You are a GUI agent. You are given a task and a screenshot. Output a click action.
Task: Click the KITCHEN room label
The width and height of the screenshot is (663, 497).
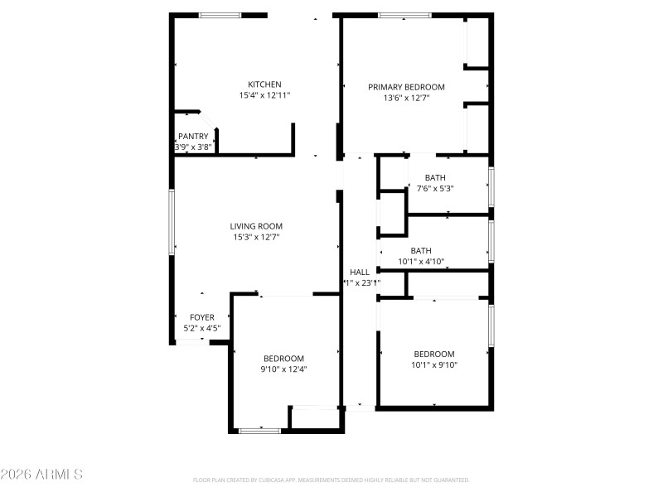(x=265, y=84)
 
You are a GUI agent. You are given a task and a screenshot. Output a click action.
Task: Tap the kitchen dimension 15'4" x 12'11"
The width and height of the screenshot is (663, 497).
(x=265, y=96)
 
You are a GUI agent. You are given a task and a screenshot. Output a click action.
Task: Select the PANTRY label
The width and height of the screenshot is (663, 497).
(x=193, y=137)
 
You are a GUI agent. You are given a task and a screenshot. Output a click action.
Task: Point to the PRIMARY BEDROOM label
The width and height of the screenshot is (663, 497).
(x=406, y=87)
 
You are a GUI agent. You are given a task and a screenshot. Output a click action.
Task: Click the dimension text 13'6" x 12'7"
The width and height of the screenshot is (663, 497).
(x=406, y=98)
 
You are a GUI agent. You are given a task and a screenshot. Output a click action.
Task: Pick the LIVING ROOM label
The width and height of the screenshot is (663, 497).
(x=256, y=226)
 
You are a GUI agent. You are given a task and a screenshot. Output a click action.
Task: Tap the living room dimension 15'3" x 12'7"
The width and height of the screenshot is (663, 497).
(x=256, y=238)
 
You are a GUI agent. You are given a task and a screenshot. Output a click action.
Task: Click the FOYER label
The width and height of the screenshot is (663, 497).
(x=202, y=317)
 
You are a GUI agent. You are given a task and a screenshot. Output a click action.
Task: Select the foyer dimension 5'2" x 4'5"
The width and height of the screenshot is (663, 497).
(x=202, y=328)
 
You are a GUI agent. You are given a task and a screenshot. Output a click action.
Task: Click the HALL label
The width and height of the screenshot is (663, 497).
(x=360, y=272)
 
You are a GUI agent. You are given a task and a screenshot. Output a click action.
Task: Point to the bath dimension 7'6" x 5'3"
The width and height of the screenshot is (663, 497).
(x=435, y=188)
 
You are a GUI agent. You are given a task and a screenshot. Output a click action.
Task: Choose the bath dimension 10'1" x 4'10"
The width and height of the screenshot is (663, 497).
(x=422, y=262)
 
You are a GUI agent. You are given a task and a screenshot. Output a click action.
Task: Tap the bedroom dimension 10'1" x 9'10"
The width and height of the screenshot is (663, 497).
(x=434, y=364)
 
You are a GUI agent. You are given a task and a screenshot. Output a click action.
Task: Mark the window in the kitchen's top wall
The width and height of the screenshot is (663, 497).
(x=220, y=15)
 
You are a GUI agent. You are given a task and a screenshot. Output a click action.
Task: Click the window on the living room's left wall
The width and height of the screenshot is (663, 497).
(x=172, y=221)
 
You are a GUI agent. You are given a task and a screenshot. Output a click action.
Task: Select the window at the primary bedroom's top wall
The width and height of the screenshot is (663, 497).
(x=404, y=15)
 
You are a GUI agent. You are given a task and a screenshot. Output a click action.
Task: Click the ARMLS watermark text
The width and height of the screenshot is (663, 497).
(x=41, y=475)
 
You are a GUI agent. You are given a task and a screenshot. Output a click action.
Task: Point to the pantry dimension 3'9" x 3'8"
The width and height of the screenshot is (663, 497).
(x=193, y=147)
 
